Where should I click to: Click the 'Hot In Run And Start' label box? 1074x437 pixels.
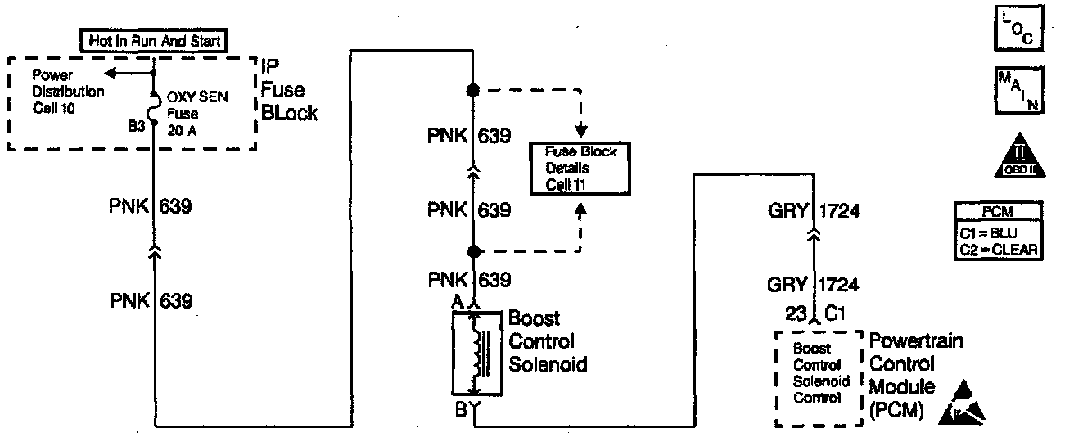pyautogui.click(x=153, y=39)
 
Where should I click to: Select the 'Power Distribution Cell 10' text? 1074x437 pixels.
pyautogui.click(x=68, y=91)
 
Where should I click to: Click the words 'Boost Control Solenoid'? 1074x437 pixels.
pyautogui.click(x=548, y=340)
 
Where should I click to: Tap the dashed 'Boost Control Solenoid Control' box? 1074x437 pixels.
pyautogui.click(x=819, y=377)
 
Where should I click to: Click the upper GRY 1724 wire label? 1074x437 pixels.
pyautogui.click(x=812, y=213)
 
